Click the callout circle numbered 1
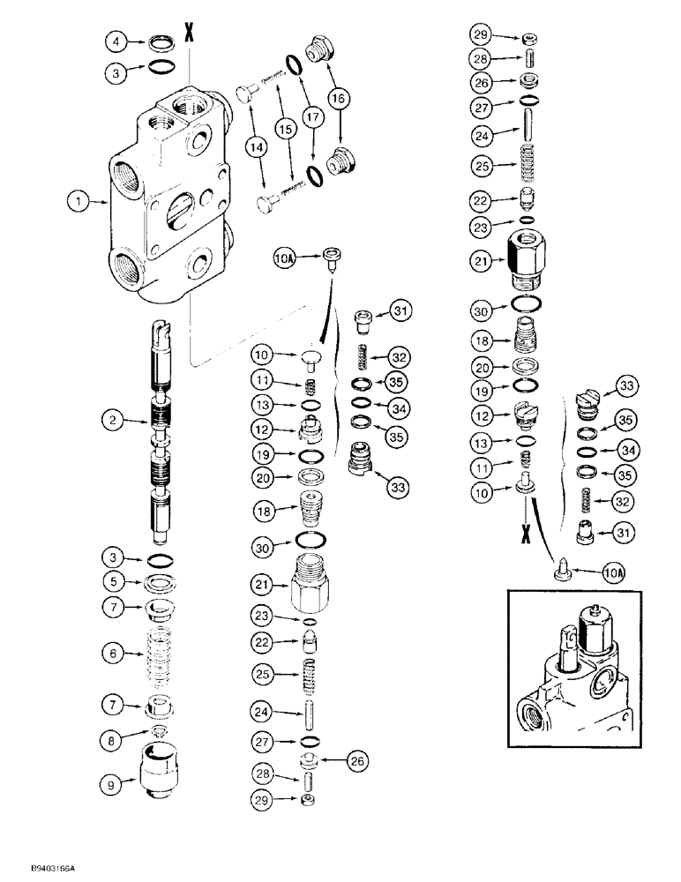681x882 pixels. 78,202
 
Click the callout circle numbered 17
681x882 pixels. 310,116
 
